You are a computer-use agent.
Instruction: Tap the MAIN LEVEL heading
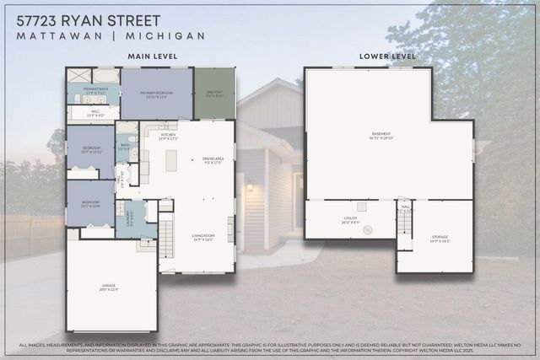tap(152, 56)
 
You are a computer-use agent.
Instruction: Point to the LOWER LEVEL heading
tap(387, 56)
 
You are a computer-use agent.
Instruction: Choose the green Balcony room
tap(214, 94)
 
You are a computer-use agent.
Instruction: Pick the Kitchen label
tap(169, 137)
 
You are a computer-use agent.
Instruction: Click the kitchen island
tap(171, 159)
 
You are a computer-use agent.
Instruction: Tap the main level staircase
tap(166, 236)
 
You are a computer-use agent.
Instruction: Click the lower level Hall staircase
tap(404, 223)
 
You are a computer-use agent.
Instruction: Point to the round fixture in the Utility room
tap(367, 229)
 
